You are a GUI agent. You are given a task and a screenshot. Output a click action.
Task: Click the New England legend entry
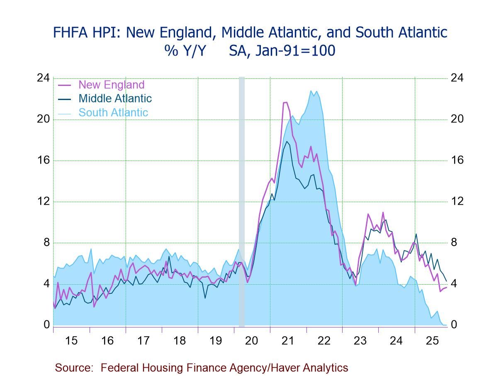pyautogui.click(x=111, y=85)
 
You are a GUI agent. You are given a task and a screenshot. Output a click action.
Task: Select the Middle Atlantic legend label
pyautogui.click(x=115, y=98)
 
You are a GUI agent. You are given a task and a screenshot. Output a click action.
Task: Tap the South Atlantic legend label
pyautogui.click(x=113, y=112)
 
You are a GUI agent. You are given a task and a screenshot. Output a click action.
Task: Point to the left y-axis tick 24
pyautogui.click(x=43, y=78)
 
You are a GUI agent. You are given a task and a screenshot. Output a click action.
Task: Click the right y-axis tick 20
pyautogui.click(x=457, y=119)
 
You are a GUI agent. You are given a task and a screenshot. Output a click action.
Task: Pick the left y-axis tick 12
pyautogui.click(x=43, y=202)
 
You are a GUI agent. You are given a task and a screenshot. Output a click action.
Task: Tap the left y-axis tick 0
pyautogui.click(x=46, y=325)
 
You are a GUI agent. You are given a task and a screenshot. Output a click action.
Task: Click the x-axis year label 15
pyautogui.click(x=71, y=341)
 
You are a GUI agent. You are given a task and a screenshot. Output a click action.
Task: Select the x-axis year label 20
pyautogui.click(x=252, y=341)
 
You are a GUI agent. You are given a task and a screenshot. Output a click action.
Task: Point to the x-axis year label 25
pyautogui.click(x=432, y=341)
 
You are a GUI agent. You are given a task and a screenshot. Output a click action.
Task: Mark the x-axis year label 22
pyautogui.click(x=324, y=341)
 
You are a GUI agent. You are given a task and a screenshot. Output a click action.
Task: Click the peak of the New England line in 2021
pyautogui.click(x=285, y=102)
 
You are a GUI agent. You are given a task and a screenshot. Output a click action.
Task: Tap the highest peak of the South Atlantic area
pyautogui.click(x=311, y=91)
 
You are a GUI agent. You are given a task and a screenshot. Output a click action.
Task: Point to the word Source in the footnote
pyautogui.click(x=73, y=368)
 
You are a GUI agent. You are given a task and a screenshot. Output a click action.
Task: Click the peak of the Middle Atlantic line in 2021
pyautogui.click(x=287, y=142)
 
